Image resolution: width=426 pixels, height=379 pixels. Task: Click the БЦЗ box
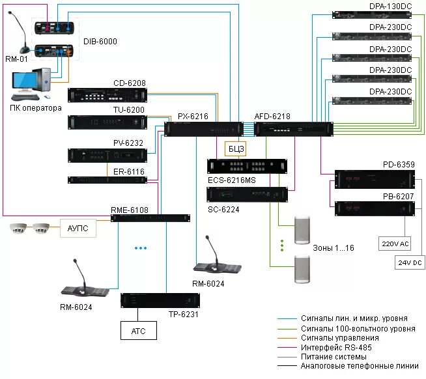[235, 148]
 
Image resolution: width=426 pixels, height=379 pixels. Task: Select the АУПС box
[78, 228]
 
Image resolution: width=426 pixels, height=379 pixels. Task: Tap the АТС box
[139, 331]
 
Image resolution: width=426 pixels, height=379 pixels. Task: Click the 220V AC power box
[395, 244]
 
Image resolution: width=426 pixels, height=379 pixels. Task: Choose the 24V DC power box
[410, 262]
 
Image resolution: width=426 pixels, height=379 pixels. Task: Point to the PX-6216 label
[193, 117]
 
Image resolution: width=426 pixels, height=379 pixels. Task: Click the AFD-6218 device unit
[294, 129]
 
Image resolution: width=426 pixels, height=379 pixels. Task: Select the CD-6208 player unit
[107, 95]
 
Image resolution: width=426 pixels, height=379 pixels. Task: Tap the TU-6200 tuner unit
[107, 122]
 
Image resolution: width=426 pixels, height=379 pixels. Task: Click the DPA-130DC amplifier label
[390, 7]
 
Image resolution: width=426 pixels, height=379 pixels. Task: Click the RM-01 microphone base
[25, 50]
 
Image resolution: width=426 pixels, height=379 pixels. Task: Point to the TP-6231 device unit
[160, 300]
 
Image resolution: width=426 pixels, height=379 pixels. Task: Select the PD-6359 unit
[375, 179]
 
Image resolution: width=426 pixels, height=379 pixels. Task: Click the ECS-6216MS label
[232, 180]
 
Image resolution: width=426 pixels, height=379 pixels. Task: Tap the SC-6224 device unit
[248, 195]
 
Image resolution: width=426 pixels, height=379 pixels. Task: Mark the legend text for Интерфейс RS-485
[336, 347]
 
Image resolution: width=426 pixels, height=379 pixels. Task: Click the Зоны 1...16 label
[334, 247]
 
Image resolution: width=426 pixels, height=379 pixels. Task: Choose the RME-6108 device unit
[150, 218]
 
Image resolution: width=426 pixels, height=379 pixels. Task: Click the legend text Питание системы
[334, 356]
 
